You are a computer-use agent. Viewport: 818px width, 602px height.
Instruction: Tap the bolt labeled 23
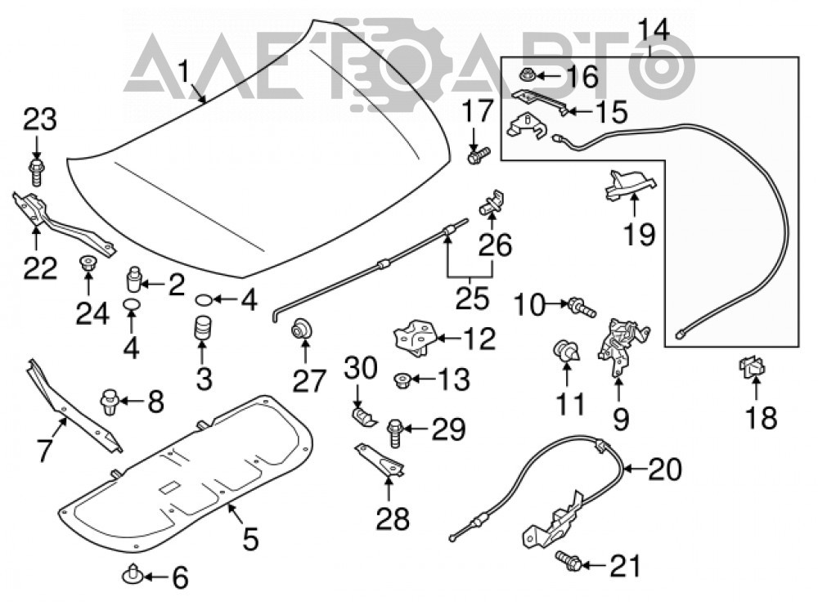pyautogui.click(x=36, y=172)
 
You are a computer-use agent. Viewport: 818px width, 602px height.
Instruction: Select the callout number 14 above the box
pyautogui.click(x=654, y=30)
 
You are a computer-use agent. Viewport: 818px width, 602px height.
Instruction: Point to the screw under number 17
pyautogui.click(x=479, y=155)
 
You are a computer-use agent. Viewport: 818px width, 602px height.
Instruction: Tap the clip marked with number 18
pyautogui.click(x=751, y=368)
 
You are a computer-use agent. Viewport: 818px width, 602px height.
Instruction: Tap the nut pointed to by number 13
pyautogui.click(x=402, y=380)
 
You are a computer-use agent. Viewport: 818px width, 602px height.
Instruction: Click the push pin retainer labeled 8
pyautogui.click(x=109, y=401)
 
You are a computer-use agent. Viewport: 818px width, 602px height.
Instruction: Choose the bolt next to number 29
pyautogui.click(x=394, y=433)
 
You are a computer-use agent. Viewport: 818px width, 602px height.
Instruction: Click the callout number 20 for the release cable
pyautogui.click(x=664, y=469)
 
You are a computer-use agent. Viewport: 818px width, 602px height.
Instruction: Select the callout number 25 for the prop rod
pyautogui.click(x=473, y=299)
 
